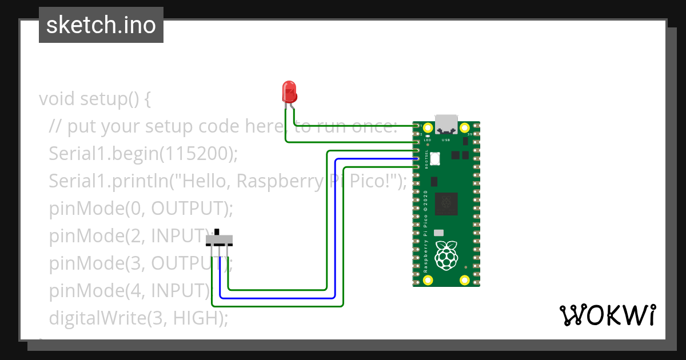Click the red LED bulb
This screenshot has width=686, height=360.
click(289, 91)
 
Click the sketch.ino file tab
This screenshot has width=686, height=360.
click(101, 25)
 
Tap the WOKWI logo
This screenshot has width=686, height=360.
click(607, 315)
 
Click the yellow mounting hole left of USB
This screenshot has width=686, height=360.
click(428, 127)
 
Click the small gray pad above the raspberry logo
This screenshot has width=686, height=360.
click(438, 233)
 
